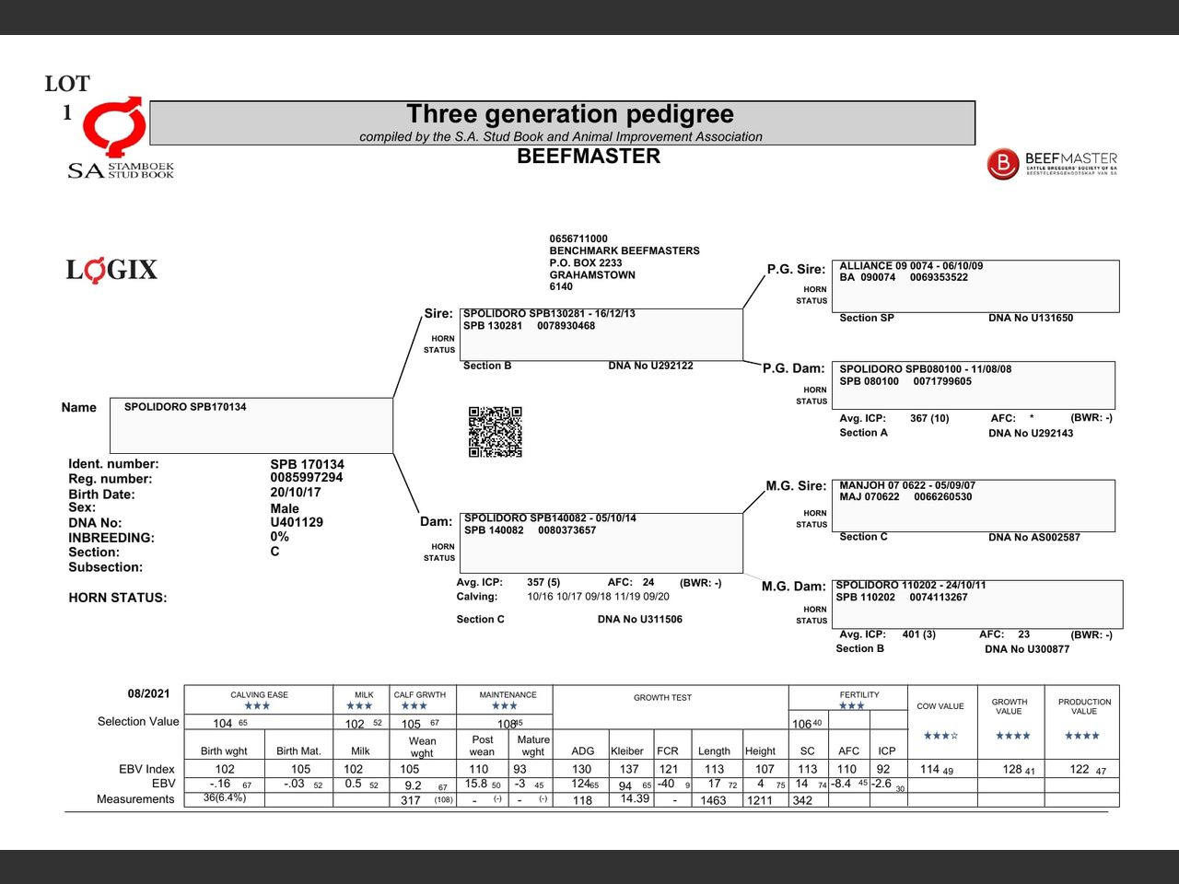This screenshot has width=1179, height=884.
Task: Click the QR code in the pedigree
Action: click(x=495, y=432)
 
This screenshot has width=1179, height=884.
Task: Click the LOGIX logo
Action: click(x=111, y=270)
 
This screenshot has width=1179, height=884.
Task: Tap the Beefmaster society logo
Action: click(x=1052, y=164)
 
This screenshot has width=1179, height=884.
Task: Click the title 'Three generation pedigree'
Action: click(x=570, y=114)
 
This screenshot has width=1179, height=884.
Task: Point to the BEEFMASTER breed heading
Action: click(x=588, y=157)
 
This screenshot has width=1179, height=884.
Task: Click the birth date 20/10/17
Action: click(x=296, y=493)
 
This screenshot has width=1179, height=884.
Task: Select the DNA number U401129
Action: click(x=297, y=522)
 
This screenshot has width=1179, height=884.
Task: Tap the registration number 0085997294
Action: click(x=306, y=478)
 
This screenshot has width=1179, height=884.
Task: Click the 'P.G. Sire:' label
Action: click(x=796, y=269)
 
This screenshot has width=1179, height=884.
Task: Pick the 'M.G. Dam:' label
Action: click(x=793, y=587)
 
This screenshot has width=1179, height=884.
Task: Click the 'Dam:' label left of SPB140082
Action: click(x=436, y=521)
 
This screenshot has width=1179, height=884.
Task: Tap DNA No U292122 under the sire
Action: click(x=650, y=366)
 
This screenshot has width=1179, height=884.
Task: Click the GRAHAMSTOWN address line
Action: click(x=592, y=274)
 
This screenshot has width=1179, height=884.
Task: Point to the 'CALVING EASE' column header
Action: click(x=259, y=695)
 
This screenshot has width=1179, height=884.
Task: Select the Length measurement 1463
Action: click(x=713, y=800)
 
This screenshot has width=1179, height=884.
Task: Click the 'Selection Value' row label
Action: click(x=138, y=722)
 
